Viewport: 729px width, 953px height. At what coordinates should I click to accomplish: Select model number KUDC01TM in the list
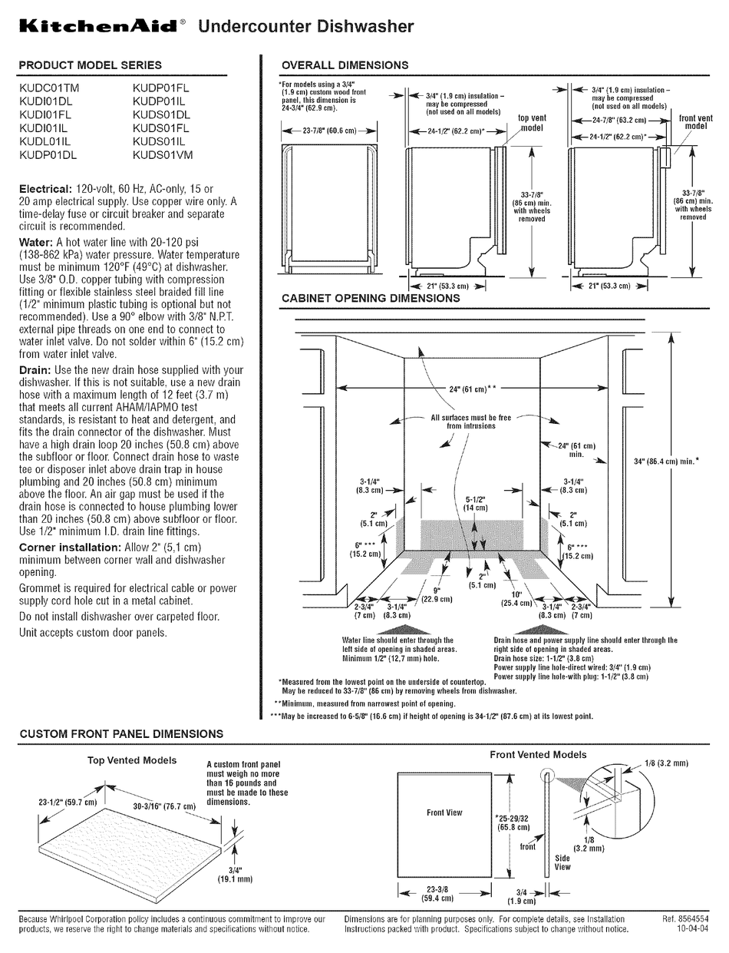pos(49,88)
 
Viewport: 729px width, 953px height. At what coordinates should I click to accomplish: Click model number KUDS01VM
pos(163,154)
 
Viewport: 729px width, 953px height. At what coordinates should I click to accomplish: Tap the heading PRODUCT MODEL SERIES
pos(90,65)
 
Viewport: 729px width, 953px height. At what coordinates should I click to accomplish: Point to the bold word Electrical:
pos(45,189)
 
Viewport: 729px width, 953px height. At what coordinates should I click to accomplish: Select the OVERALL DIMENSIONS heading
pos(345,65)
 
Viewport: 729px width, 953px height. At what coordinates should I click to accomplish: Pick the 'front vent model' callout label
pos(695,122)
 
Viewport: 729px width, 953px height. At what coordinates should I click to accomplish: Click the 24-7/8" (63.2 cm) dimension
pos(610,121)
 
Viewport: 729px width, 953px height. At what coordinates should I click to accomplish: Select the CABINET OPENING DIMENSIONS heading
pos(371,298)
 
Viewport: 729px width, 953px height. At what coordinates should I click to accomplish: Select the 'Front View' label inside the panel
pos(444,812)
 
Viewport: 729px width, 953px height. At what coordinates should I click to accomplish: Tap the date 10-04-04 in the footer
pos(688,929)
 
